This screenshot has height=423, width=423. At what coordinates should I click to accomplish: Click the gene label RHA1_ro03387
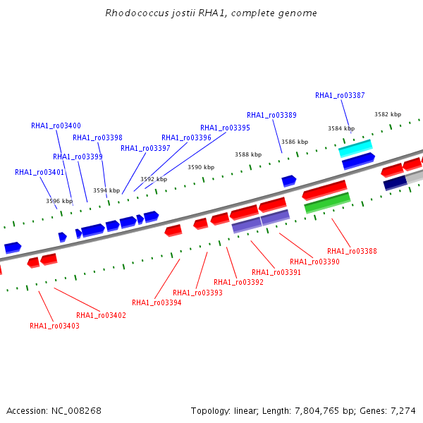(340, 95)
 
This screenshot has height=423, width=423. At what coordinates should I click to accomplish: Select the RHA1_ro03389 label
(271, 115)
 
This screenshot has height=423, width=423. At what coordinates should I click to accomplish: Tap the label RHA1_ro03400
(56, 125)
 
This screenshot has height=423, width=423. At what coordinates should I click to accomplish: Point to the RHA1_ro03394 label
(157, 302)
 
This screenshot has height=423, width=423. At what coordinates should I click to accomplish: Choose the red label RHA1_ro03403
(54, 326)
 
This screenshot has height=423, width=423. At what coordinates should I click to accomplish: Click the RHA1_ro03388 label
(352, 251)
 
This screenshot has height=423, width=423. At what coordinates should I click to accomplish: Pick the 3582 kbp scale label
(388, 114)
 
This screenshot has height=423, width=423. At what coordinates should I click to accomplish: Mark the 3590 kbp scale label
(201, 167)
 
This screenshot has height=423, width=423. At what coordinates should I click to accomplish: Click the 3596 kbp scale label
(59, 201)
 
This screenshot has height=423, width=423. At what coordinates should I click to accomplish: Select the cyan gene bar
(355, 148)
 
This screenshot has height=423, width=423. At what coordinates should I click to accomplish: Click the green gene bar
(327, 203)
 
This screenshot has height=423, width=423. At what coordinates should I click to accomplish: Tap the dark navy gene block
(396, 183)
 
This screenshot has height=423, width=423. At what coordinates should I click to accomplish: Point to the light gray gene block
(415, 177)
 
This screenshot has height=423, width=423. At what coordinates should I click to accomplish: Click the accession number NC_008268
(76, 411)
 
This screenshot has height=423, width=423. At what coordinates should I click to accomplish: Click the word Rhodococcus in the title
(137, 13)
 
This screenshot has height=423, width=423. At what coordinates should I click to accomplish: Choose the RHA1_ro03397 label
(145, 148)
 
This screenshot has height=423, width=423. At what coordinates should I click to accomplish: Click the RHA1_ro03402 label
(101, 315)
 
